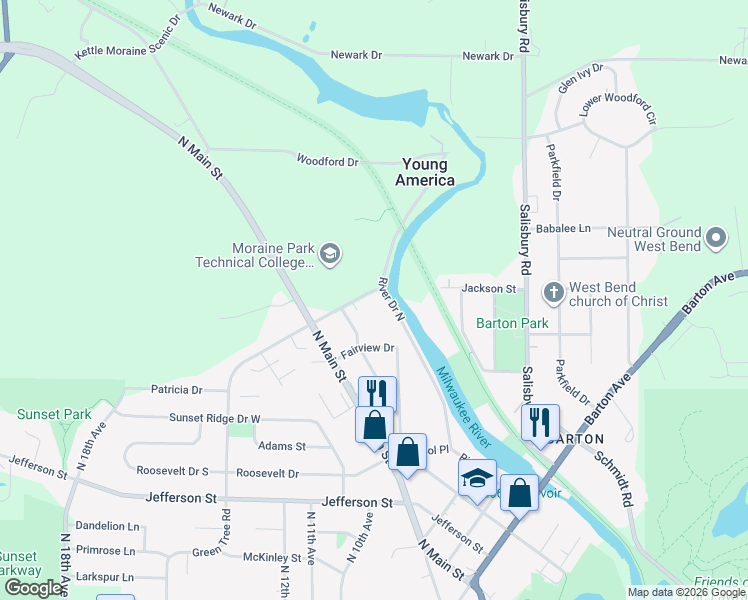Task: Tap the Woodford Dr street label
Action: tap(327, 160)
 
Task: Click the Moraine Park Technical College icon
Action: tap(330, 255)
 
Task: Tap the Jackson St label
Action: tap(488, 288)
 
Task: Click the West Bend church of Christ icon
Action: tap(553, 293)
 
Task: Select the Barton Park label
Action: tap(512, 323)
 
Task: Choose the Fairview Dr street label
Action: tap(367, 348)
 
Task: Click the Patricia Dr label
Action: tap(176, 389)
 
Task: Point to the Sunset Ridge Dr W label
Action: tap(214, 418)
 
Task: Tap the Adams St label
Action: tap(281, 446)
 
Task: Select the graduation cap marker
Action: tap(478, 477)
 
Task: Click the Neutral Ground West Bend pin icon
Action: tap(715, 238)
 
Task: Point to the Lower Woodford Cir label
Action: tap(622, 110)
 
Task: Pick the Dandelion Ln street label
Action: tap(107, 525)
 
